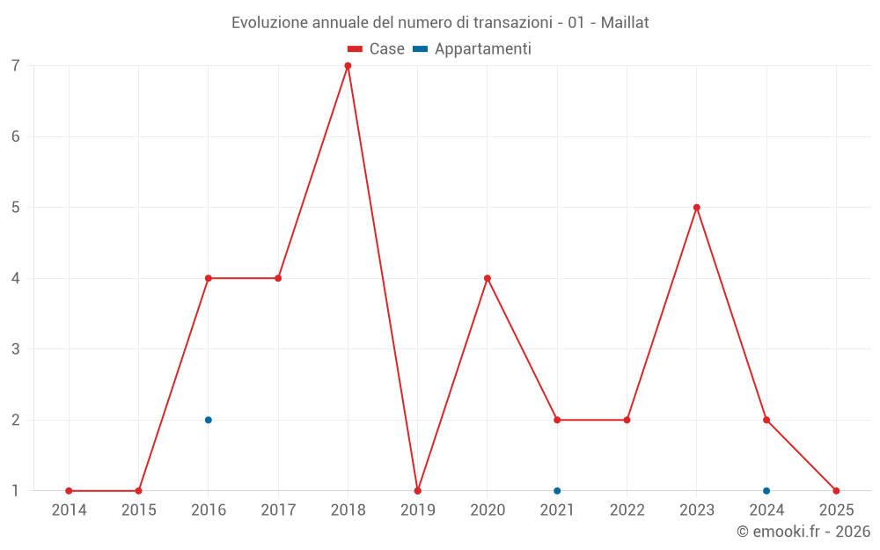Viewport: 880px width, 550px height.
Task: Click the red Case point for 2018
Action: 348,66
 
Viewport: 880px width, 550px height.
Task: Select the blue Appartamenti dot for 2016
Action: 209,420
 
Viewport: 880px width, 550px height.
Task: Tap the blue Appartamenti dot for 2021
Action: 557,491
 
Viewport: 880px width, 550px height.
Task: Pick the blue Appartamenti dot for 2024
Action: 766,491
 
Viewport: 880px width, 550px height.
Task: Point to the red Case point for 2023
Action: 697,208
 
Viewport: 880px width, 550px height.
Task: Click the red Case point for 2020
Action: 488,278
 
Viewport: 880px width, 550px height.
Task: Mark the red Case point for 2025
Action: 836,491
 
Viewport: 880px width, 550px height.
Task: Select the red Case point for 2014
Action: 69,491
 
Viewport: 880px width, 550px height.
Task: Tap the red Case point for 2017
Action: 278,278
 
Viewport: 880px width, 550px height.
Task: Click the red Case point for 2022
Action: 627,420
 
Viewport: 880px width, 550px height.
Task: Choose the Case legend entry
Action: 377,49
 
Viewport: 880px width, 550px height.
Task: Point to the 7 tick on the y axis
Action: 16,66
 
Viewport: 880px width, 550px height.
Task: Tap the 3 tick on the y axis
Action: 16,349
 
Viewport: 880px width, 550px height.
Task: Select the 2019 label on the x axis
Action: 418,510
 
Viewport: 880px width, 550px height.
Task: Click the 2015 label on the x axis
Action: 139,510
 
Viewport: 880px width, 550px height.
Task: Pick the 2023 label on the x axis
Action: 697,510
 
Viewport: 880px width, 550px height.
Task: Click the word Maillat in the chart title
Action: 625,23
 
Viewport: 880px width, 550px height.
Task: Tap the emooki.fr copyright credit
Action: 803,532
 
